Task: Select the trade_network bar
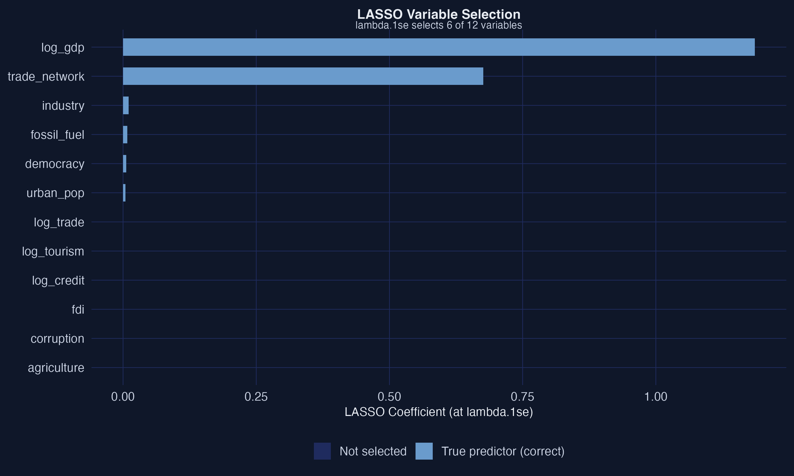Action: click(x=303, y=76)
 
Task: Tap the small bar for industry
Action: click(x=126, y=106)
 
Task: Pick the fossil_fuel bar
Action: click(x=125, y=135)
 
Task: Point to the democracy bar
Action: click(x=124, y=164)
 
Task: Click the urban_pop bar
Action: click(x=124, y=193)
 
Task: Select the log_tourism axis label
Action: click(x=53, y=251)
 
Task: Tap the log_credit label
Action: click(x=58, y=281)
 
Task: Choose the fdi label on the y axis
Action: click(x=78, y=309)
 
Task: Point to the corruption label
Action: click(x=57, y=339)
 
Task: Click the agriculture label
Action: click(x=56, y=368)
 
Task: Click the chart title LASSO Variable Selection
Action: click(x=439, y=15)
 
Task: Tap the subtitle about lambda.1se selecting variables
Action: click(x=439, y=25)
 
